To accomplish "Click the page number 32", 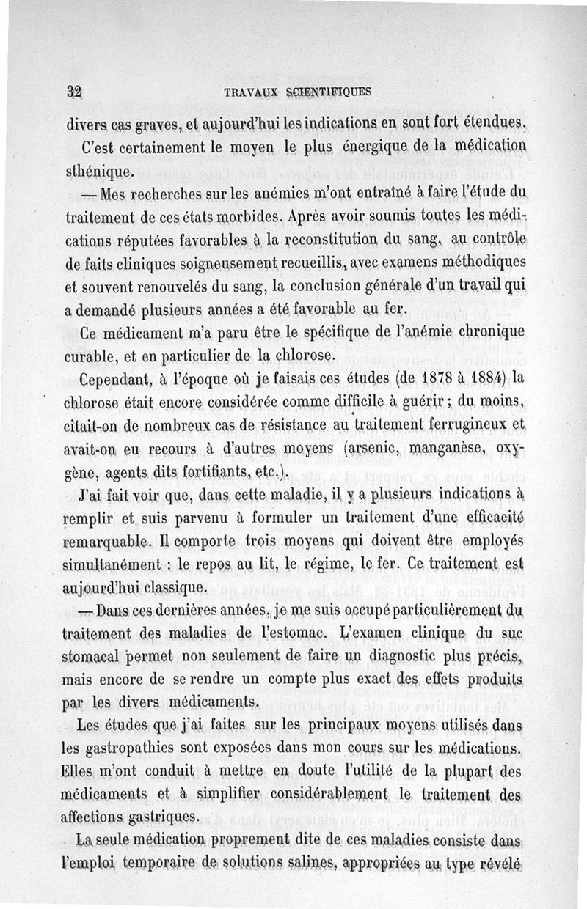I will click(72, 92).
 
